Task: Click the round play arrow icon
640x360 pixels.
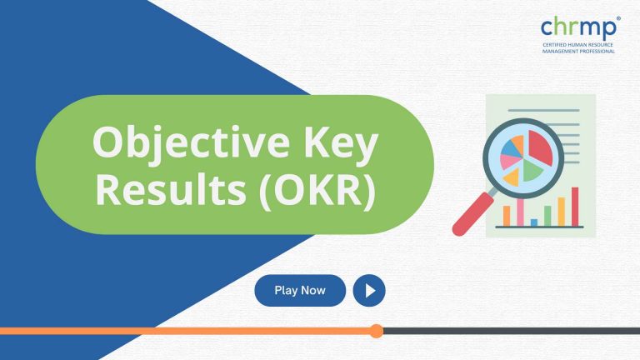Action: click(369, 291)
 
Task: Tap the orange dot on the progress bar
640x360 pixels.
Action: click(376, 331)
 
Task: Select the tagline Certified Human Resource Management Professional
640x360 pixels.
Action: click(577, 48)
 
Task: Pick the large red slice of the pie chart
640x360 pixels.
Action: click(540, 147)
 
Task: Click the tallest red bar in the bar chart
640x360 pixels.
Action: click(575, 206)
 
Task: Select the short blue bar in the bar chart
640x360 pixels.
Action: click(534, 222)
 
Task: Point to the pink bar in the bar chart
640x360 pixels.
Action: click(520, 212)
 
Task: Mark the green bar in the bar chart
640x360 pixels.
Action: click(547, 215)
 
